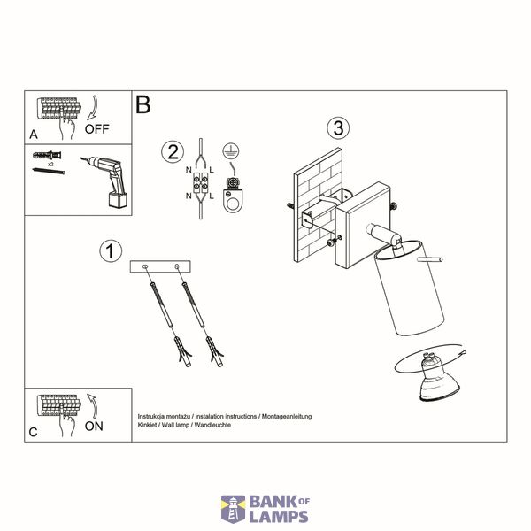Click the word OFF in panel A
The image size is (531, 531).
(96, 129)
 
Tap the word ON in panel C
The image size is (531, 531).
(94, 427)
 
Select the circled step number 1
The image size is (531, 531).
(111, 251)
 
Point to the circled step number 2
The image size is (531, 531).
(173, 151)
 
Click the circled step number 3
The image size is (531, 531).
(338, 128)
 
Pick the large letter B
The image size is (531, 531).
(142, 104)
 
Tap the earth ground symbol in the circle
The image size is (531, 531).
(231, 150)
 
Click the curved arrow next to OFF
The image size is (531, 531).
(93, 108)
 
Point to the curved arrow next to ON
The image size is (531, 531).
(93, 405)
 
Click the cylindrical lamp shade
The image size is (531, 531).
(409, 289)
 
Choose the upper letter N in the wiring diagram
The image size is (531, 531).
(189, 170)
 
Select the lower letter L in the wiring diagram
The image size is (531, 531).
(212, 196)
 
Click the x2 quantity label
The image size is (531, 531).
(50, 164)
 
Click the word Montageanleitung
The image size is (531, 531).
(287, 416)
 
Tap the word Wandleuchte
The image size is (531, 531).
(212, 425)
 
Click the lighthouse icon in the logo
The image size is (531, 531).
(233, 510)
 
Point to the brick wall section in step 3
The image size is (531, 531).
(317, 205)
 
